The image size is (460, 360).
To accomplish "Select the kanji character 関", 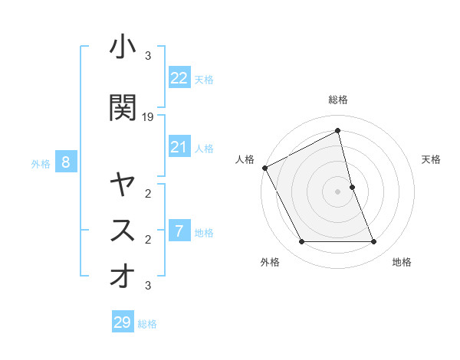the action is pyautogui.click(x=123, y=108).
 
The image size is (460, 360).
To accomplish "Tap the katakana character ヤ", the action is pyautogui.click(x=123, y=185).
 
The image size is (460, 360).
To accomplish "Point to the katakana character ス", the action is pyautogui.click(x=123, y=230).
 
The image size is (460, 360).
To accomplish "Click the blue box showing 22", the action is pyautogui.click(x=179, y=78).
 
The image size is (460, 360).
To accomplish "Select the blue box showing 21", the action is pyautogui.click(x=179, y=147).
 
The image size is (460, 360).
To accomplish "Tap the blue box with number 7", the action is pyautogui.click(x=179, y=231).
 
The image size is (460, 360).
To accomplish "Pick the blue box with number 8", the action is pyautogui.click(x=66, y=162).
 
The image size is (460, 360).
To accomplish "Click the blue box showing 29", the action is pyautogui.click(x=122, y=322).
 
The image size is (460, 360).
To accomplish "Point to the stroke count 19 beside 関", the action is pyautogui.click(x=148, y=117).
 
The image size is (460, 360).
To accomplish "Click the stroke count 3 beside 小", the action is pyautogui.click(x=148, y=56).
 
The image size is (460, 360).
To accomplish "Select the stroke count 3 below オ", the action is pyautogui.click(x=148, y=286).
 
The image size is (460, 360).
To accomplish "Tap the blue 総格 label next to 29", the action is pyautogui.click(x=147, y=324).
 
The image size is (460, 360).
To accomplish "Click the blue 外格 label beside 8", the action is pyautogui.click(x=41, y=163).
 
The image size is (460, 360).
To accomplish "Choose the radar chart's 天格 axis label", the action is pyautogui.click(x=431, y=159).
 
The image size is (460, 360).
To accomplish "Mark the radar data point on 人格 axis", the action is pyautogui.click(x=264, y=168).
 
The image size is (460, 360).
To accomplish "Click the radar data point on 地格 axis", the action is pyautogui.click(x=373, y=242).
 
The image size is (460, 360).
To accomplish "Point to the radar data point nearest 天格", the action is pyautogui.click(x=352, y=187).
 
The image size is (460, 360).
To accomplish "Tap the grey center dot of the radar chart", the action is pyautogui.click(x=337, y=191).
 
